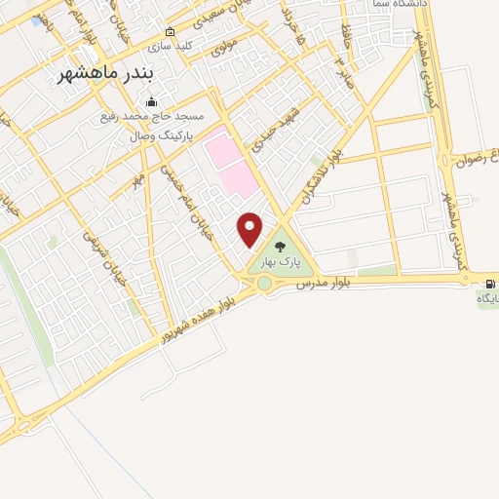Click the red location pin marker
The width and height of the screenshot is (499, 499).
(250, 227)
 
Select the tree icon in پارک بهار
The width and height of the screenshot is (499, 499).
(282, 247)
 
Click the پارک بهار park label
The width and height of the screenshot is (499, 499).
(282, 261)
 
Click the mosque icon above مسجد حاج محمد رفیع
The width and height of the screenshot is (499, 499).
(150, 101)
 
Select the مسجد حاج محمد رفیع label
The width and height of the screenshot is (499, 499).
(148, 118)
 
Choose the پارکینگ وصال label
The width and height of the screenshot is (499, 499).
(162, 135)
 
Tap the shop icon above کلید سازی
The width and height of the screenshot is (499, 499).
(170, 31)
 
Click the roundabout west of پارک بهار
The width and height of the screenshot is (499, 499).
(263, 284)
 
